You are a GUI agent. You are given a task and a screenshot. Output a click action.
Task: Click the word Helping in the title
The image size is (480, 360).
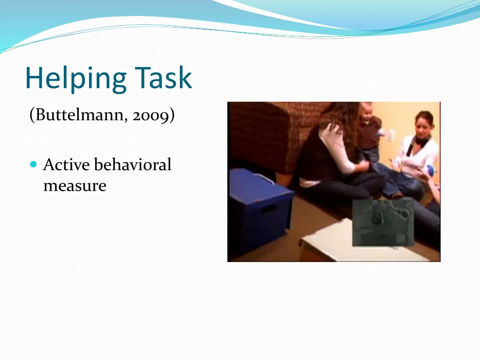point(75,78)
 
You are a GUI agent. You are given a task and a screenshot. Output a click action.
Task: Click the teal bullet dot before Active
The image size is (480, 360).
point(33,165)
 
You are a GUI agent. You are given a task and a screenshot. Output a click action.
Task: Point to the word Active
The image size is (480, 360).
point(67,165)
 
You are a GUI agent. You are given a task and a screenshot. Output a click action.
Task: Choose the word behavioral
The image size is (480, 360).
point(133,165)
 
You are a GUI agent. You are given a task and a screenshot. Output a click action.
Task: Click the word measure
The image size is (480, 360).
point(75,186)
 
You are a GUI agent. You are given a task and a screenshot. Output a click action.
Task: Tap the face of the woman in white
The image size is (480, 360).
point(423,124)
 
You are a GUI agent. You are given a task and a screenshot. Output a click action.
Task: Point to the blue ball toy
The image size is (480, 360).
point(430,170)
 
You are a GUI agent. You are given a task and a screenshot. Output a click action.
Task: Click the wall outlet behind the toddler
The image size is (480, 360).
point(390,135)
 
